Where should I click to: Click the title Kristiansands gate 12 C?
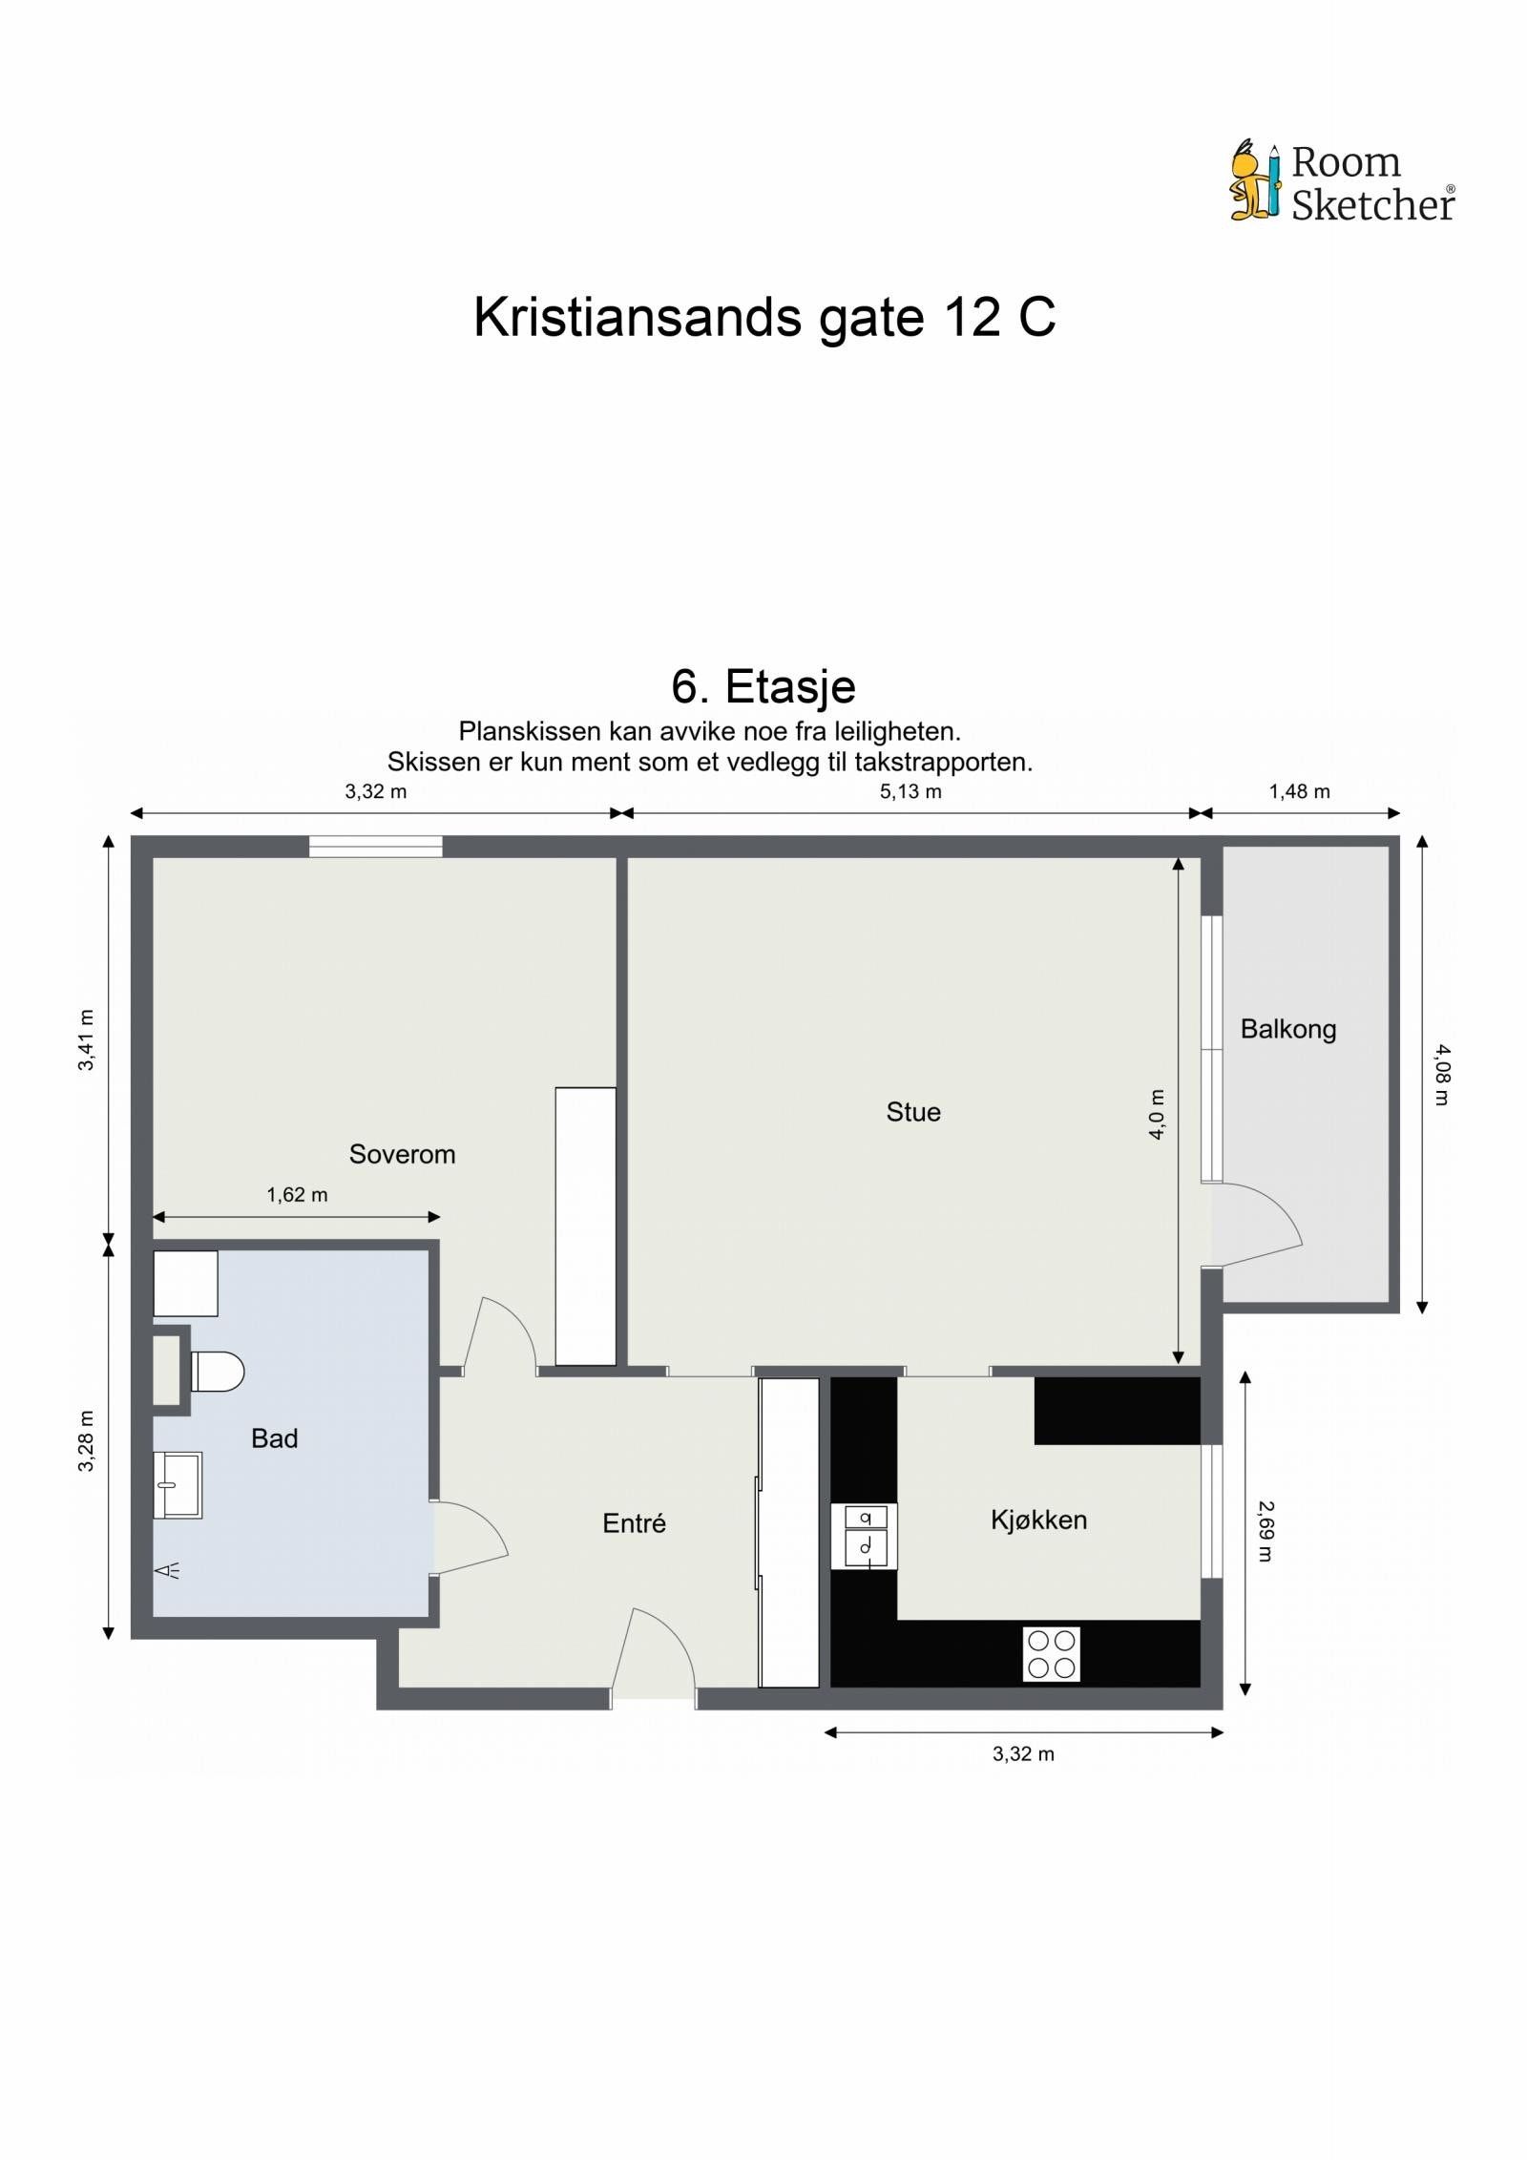pyautogui.click(x=763, y=317)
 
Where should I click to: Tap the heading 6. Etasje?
pyautogui.click(x=763, y=685)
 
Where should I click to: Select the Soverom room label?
pyautogui.click(x=402, y=1154)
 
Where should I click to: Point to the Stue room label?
pyautogui.click(x=913, y=1112)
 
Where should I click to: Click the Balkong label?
pyautogui.click(x=1287, y=1029)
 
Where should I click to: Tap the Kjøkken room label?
pyautogui.click(x=1038, y=1520)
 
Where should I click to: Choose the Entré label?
pyautogui.click(x=634, y=1523)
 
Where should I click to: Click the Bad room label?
pyautogui.click(x=274, y=1438)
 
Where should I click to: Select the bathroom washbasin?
pyautogui.click(x=178, y=1485)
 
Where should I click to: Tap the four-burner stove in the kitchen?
pyautogui.click(x=1051, y=1654)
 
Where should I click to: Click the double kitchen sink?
pyautogui.click(x=864, y=1536)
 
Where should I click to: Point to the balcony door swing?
pyautogui.click(x=1258, y=1226)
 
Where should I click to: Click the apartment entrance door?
pyautogui.click(x=653, y=1659)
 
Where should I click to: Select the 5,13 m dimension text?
pyautogui.click(x=910, y=791)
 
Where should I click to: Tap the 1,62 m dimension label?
pyautogui.click(x=297, y=1195)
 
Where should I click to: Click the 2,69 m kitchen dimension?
pyautogui.click(x=1265, y=1531)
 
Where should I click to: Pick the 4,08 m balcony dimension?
pyautogui.click(x=1441, y=1075)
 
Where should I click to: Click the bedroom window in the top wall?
pyautogui.click(x=375, y=846)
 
